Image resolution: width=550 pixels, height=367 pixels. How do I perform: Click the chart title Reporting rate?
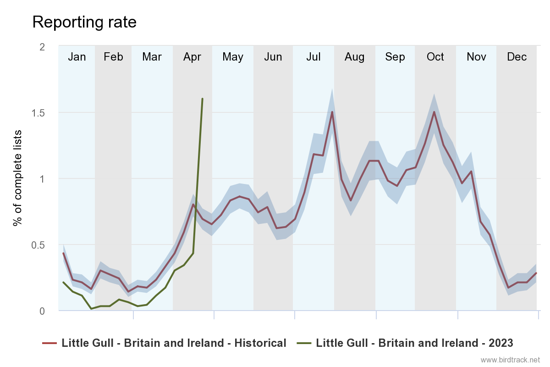84,22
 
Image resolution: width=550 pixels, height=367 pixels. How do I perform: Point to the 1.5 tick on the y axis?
43,112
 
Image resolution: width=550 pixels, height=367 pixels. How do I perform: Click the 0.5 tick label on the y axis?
43,245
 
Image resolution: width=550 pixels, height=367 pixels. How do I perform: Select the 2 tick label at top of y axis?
42,46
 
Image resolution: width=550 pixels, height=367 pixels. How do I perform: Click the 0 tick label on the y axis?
42,311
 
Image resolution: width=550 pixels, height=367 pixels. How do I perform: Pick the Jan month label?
77,57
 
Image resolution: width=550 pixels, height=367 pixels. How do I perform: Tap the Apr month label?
192,57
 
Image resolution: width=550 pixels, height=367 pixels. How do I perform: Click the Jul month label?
313,57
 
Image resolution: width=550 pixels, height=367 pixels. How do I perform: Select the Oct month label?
435,57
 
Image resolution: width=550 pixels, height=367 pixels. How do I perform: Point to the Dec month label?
517,57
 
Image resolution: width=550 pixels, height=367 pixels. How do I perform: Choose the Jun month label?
273,57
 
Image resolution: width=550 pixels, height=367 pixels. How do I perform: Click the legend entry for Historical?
174,343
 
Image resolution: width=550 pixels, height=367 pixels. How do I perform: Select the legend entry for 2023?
414,343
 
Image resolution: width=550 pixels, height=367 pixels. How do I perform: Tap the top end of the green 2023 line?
202,99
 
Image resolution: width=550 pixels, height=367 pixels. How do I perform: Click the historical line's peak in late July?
332,112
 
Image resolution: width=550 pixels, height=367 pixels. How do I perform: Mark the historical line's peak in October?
434,112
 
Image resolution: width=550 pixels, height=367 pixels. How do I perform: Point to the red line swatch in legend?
49,343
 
